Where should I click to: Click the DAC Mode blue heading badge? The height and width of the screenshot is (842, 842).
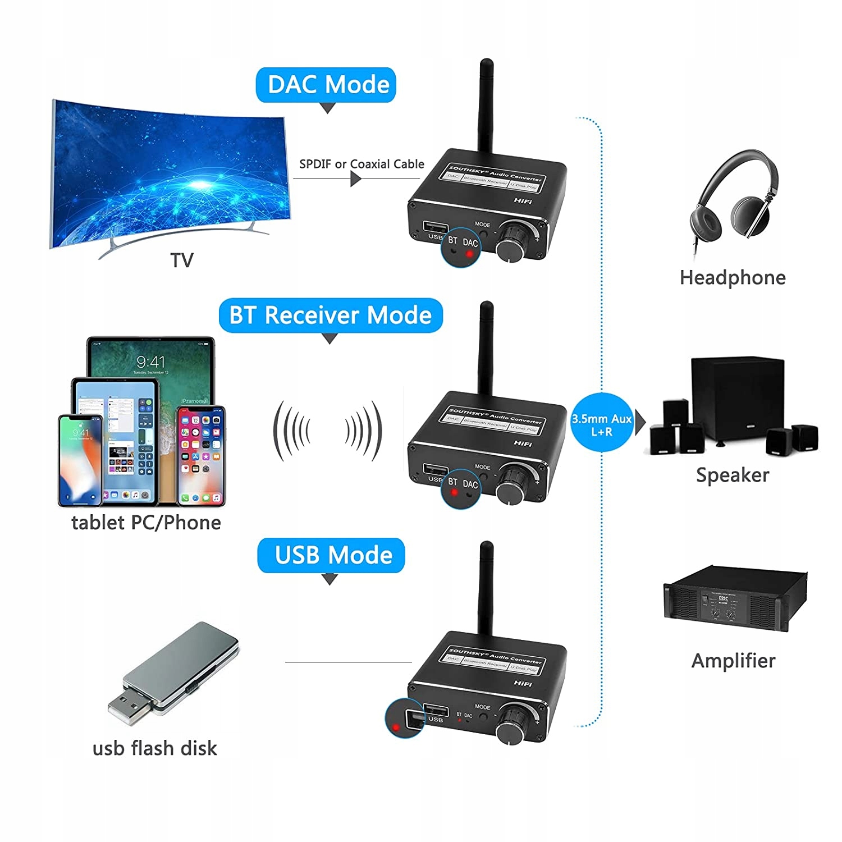point(326,85)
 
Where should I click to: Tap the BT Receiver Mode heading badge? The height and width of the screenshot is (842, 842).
point(330,315)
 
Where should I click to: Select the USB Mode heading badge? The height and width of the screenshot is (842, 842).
point(331,555)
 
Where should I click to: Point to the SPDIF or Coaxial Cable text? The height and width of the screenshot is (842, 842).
point(361,164)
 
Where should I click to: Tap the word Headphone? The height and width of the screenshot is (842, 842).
point(733,278)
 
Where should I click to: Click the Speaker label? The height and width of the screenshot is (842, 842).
point(733,475)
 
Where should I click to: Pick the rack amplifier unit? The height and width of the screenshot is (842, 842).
point(735,599)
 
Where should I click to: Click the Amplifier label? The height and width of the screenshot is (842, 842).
point(733,661)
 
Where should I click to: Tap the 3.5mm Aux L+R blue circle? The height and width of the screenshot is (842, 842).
point(601,425)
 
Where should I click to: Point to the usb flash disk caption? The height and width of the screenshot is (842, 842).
point(154,748)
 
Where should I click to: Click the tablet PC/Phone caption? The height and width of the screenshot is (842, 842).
point(146,523)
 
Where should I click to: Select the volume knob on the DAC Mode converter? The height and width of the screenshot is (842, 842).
point(513,241)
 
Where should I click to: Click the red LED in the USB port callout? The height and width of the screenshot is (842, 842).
point(396,727)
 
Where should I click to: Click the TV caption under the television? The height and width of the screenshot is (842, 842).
point(182,260)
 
